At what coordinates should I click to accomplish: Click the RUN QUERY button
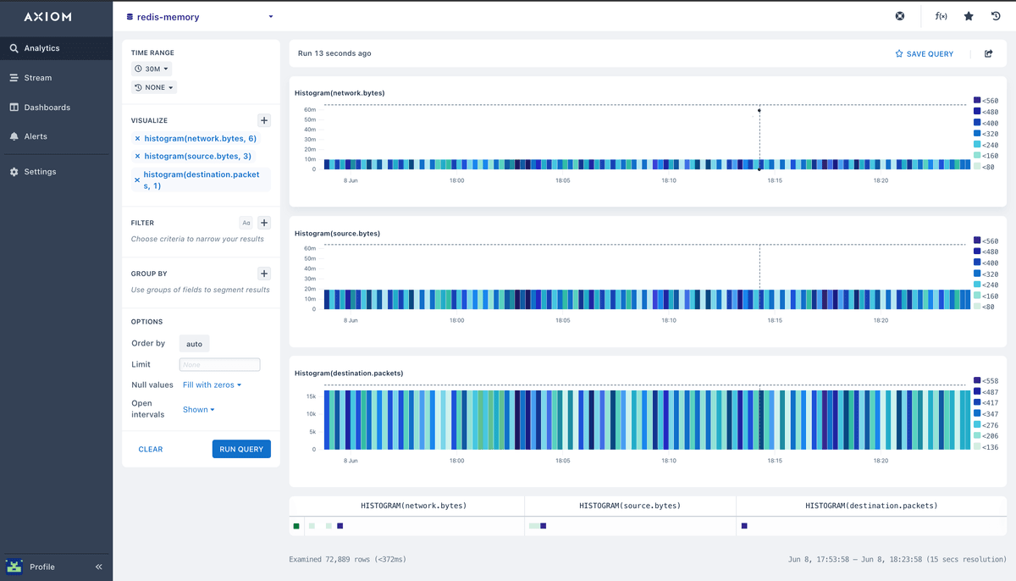pos(241,449)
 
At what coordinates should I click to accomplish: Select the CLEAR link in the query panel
pos(151,450)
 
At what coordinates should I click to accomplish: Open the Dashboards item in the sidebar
pos(47,108)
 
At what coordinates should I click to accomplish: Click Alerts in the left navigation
pos(36,136)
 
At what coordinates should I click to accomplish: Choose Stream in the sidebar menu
pos(37,78)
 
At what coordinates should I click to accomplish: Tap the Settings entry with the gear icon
pos(40,172)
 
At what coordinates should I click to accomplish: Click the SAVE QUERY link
pos(925,54)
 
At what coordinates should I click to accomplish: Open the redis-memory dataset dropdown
pos(200,17)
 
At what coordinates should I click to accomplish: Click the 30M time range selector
pos(152,69)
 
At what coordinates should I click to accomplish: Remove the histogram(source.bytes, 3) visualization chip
pos(137,157)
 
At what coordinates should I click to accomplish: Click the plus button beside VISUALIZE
pos(264,121)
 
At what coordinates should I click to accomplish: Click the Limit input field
pos(219,365)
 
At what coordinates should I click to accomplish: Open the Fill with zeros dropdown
pos(212,385)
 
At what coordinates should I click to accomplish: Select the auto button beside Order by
pos(194,344)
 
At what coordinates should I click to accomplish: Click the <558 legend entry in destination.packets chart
pos(986,381)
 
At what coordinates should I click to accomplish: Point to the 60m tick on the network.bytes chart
pos(310,110)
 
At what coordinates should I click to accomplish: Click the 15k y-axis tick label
pos(311,396)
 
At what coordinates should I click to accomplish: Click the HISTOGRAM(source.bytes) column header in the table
pos(630,506)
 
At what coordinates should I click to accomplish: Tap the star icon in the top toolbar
pos(969,16)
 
